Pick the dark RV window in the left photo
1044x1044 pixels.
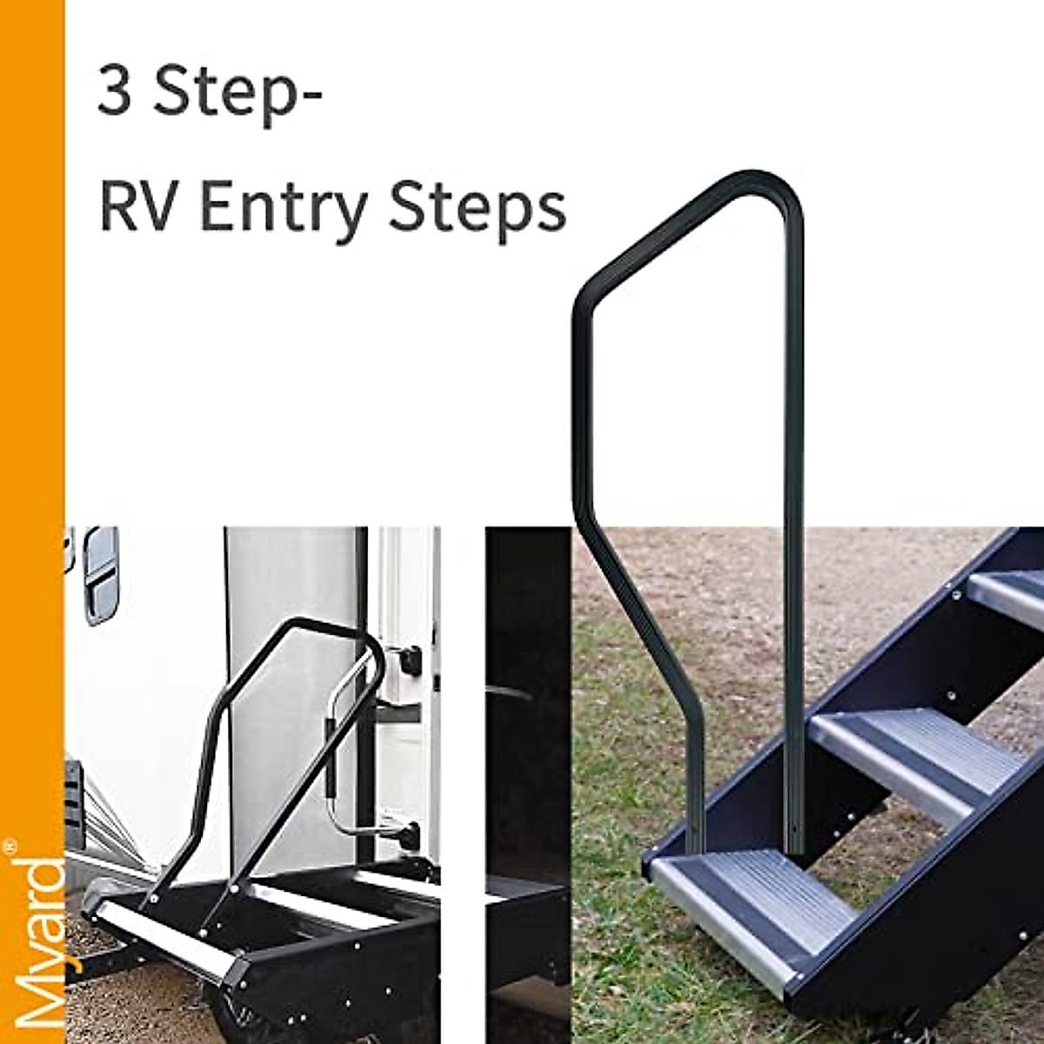coord(99,575)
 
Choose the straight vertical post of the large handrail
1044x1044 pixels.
coord(793,522)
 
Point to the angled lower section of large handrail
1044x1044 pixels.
coord(644,626)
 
